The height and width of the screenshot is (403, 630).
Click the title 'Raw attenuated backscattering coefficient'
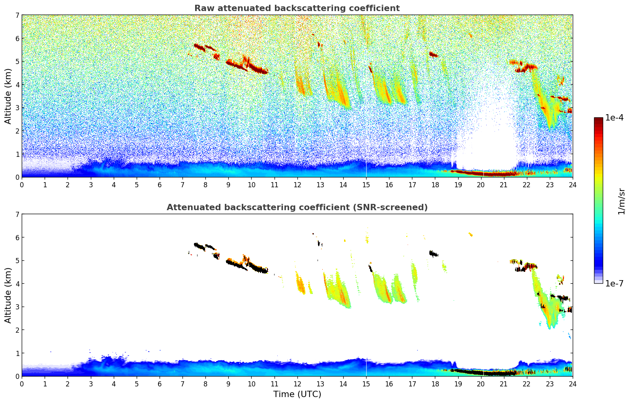point(297,8)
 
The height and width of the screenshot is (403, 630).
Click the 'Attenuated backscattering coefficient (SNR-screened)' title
point(297,207)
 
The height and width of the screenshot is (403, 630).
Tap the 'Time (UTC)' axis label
point(297,394)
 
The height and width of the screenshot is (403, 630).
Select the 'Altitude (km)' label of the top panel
point(8,96)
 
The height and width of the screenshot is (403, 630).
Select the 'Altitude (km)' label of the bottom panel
point(8,295)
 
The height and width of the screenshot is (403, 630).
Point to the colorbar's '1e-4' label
point(614,118)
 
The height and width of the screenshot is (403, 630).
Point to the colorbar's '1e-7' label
point(614,283)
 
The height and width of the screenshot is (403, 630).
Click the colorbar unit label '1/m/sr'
point(621,201)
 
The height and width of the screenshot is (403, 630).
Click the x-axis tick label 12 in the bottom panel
point(297,384)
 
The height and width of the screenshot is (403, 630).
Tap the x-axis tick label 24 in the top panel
point(572,185)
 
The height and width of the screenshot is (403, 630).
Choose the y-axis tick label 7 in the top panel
point(17,15)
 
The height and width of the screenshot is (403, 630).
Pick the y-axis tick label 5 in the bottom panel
point(17,261)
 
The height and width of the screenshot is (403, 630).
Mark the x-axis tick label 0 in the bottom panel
point(22,384)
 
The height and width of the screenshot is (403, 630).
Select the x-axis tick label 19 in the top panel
point(458,185)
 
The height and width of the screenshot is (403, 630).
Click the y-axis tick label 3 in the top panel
point(17,108)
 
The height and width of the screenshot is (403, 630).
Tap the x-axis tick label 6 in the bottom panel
point(160,384)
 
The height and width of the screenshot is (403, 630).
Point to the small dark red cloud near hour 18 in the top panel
point(433,55)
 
